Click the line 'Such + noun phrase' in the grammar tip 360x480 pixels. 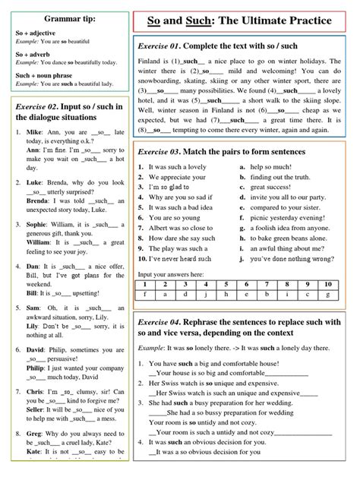pyautogui.click(x=47, y=74)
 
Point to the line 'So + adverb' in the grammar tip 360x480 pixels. pyautogui.click(x=36, y=54)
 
